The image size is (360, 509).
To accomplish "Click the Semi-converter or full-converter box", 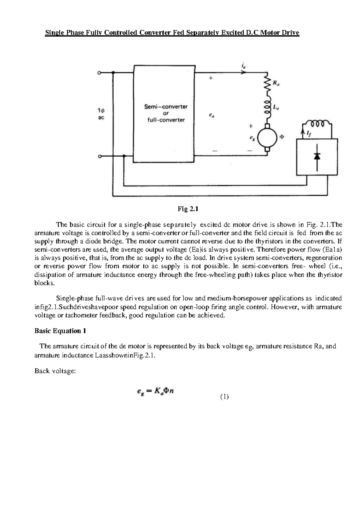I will pos(164,113).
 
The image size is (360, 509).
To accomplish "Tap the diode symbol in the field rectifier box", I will pos(317,157).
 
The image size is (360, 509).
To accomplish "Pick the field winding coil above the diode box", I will pos(317,124).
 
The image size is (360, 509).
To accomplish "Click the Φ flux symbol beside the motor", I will pos(282,137).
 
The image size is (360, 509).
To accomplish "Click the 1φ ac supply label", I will pos(101,114).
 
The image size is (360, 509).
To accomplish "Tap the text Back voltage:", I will pos(55,371).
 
